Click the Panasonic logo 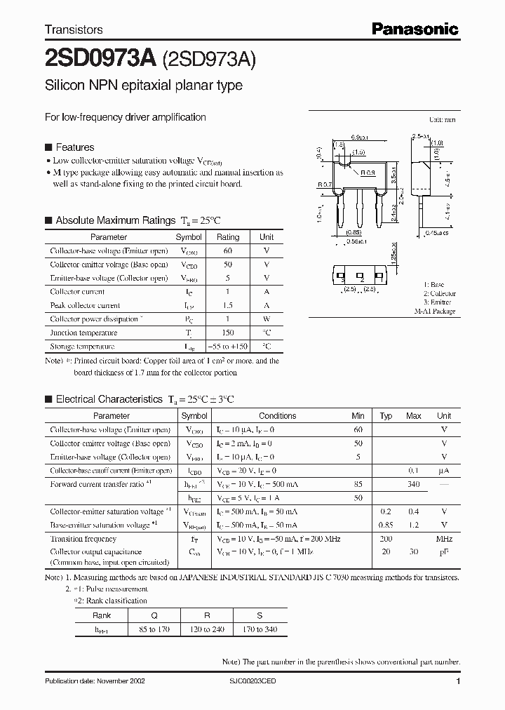point(415,29)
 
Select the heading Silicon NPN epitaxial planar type point(144,86)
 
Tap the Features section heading point(74,147)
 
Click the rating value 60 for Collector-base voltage point(227,251)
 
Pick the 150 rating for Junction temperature point(227,333)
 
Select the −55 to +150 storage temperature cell point(227,347)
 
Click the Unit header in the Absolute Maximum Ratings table point(267,237)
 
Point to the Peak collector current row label point(85,306)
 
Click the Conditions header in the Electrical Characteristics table point(277,416)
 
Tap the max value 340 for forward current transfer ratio point(413,484)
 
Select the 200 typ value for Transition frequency point(385,539)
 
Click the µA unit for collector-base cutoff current point(443,471)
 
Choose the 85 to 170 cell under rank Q point(155,629)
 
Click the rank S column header point(260,616)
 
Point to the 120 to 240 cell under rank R point(207,629)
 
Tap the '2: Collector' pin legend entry point(439,294)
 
